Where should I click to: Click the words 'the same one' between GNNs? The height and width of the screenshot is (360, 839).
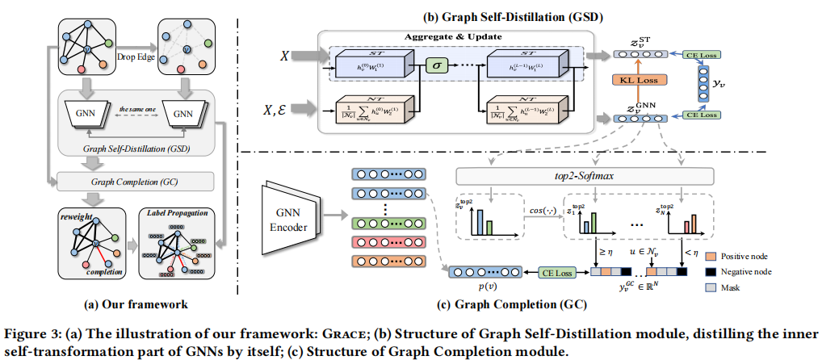tap(137, 111)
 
